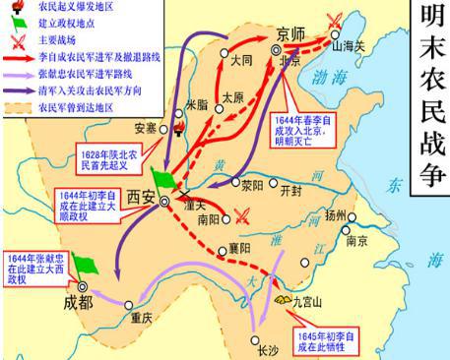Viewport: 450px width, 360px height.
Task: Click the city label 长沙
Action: click(268, 349)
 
